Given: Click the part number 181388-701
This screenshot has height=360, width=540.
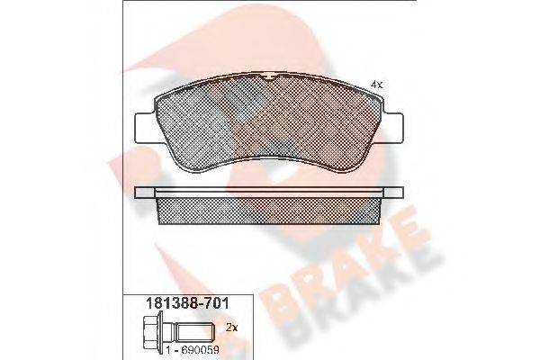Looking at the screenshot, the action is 188,303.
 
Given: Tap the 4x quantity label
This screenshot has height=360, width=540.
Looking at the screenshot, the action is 376,85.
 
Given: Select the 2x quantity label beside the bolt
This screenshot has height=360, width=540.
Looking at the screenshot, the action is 232,328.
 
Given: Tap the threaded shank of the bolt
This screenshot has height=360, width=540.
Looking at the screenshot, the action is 194,332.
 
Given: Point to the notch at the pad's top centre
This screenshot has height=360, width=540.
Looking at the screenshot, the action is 269,76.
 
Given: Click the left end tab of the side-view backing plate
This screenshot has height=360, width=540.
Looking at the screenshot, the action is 145,193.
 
